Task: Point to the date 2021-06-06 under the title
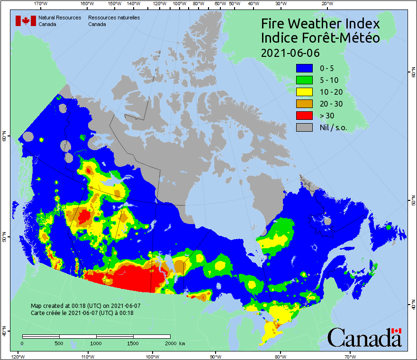coord(290,53)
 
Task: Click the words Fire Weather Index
coord(320,24)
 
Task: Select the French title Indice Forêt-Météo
coord(320,38)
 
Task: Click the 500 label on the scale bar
coord(58,343)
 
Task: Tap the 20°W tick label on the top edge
coord(326,4)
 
